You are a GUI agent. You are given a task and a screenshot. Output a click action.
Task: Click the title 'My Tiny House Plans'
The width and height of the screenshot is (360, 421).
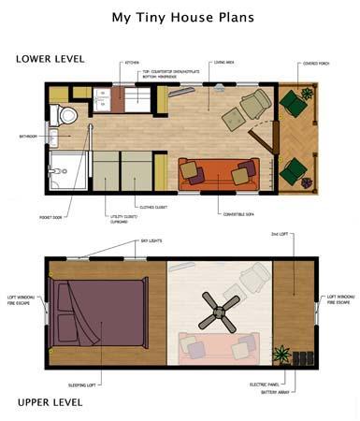click(179, 17)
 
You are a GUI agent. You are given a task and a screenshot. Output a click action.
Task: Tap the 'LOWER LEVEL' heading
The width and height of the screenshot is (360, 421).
click(50, 59)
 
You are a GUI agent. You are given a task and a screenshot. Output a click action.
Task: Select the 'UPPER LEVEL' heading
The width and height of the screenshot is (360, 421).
click(50, 402)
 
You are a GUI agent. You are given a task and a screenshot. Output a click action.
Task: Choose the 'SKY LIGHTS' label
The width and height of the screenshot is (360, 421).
click(151, 240)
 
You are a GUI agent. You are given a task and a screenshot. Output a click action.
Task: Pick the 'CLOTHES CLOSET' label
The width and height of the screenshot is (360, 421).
click(153, 206)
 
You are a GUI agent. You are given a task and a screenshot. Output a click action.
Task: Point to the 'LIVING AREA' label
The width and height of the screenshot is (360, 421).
click(223, 63)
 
